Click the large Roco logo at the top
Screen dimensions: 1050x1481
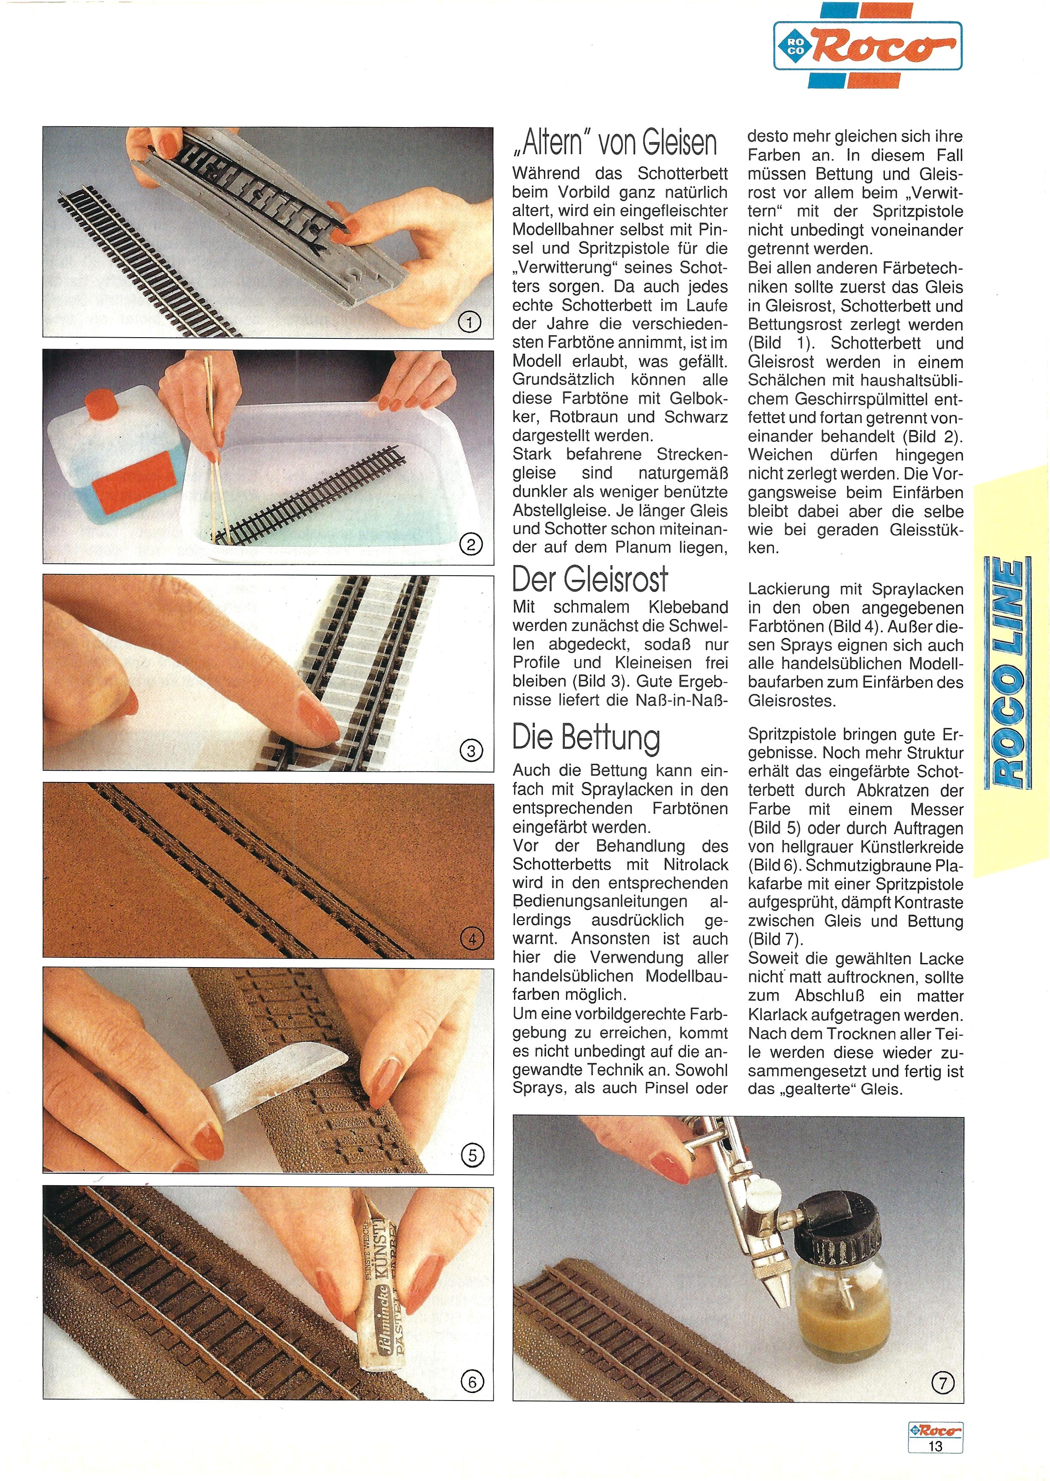(868, 45)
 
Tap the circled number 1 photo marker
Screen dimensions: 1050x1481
(470, 322)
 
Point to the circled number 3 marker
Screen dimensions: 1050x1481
(471, 750)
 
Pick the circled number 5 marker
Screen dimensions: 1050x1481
(472, 1155)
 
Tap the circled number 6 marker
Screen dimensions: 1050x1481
(472, 1382)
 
